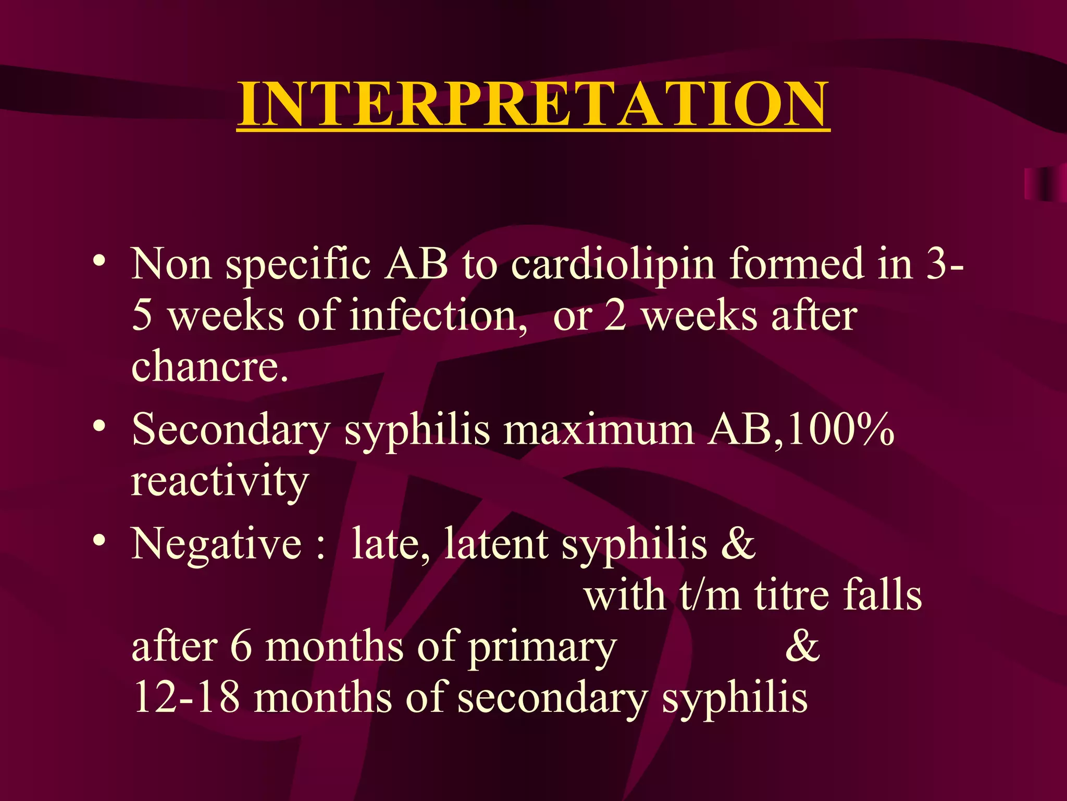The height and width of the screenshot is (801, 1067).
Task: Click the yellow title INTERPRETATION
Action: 533,104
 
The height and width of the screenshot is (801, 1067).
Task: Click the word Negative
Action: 216,544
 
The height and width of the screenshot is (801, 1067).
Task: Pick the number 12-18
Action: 187,698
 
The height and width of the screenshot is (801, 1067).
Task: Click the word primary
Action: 542,648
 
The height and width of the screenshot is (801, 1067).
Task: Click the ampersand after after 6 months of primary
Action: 802,647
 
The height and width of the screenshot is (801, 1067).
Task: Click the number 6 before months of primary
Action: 241,647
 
